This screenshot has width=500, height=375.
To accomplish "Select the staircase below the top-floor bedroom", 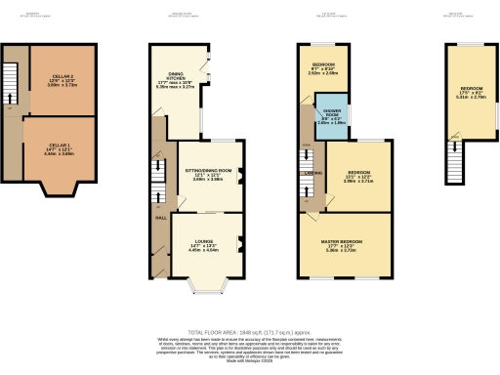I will (x=454, y=154).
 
